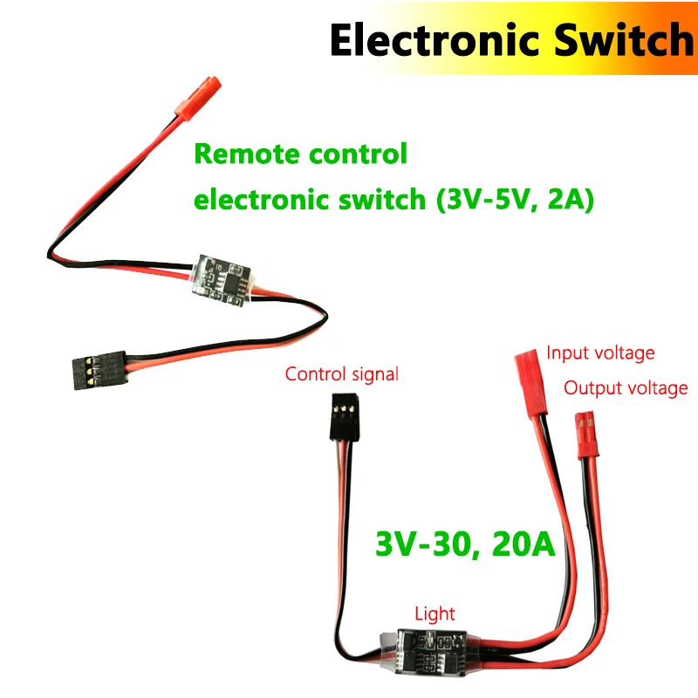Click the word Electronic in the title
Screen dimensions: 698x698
tap(419, 39)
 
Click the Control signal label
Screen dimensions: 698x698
tap(342, 375)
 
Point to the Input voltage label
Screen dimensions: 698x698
tap(600, 353)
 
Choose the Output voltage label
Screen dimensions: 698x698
tap(626, 388)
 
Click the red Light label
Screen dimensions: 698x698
tap(435, 614)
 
